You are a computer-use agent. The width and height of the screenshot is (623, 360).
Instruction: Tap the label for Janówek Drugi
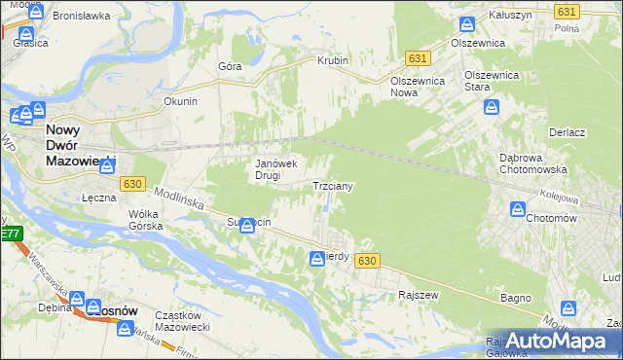tap(281, 169)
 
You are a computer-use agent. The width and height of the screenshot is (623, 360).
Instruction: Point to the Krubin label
tap(332, 60)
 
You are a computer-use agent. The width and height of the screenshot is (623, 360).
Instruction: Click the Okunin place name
tap(180, 100)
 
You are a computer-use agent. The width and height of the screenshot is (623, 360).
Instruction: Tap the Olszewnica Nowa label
tap(417, 88)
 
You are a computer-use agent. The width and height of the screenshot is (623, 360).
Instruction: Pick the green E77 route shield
tap(10, 234)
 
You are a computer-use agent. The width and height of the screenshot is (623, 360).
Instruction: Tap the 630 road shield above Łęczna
tap(132, 183)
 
